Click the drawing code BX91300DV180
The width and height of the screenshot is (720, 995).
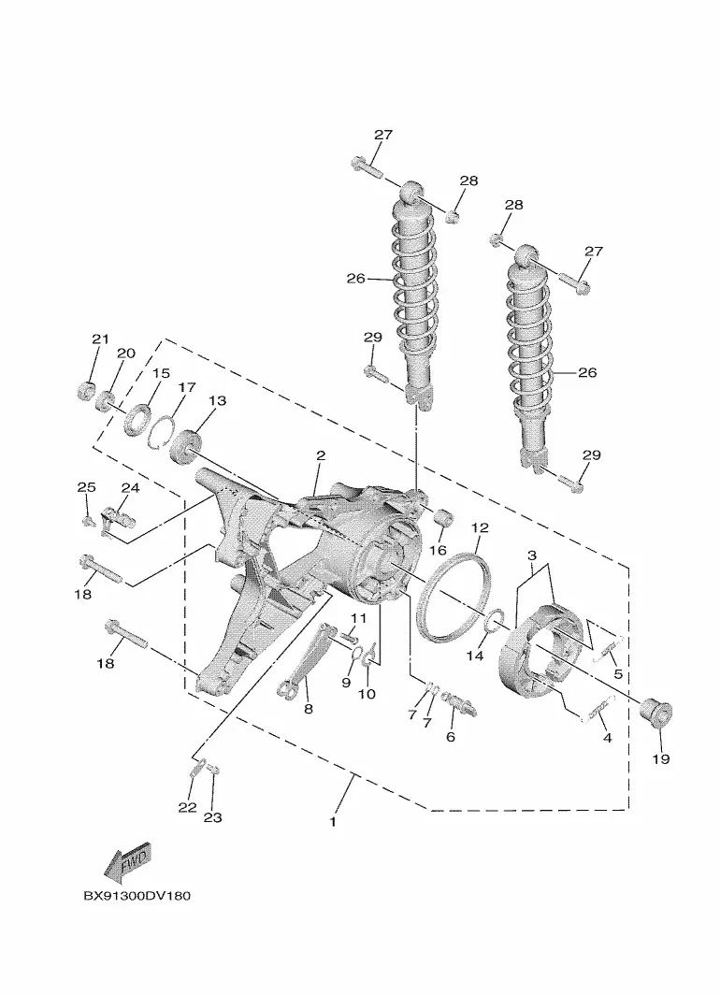pos(137,896)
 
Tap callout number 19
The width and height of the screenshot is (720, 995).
pos(661,759)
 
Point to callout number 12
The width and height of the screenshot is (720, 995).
pos(481,528)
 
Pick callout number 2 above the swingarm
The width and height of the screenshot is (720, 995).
pos(321,455)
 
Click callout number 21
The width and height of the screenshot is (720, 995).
pos(101,339)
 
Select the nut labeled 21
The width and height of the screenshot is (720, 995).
pos(85,391)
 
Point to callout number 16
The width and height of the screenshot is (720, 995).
pos(439,550)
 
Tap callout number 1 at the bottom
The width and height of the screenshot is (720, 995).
pos(333,822)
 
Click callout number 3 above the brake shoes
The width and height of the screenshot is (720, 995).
pos(532,555)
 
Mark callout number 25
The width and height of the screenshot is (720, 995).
pos(86,487)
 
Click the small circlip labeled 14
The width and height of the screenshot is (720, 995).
pos(494,621)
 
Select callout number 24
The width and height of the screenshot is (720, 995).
pos(130,488)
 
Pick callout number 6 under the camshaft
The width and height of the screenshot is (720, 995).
pos(451,737)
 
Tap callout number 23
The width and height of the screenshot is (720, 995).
pos(212,817)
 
